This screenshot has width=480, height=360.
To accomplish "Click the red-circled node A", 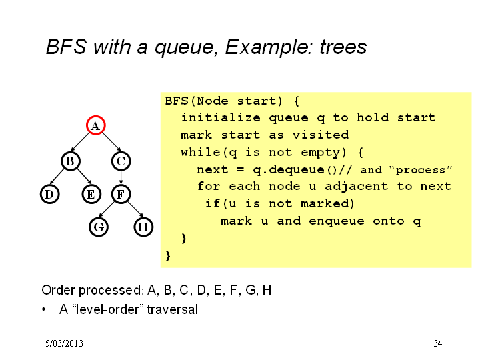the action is click(x=96, y=125).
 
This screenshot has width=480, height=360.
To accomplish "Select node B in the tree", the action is click(x=71, y=161).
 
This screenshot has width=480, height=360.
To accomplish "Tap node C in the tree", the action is click(x=121, y=161).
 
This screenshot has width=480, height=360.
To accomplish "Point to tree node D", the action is click(x=49, y=194).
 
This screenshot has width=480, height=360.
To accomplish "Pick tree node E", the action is click(x=91, y=194).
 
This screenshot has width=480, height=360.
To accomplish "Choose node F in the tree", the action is click(x=121, y=194).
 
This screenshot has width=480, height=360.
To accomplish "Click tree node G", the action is click(x=99, y=227).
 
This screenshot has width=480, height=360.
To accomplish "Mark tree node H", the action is click(x=143, y=227).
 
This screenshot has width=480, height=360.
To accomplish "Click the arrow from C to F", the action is click(x=121, y=177).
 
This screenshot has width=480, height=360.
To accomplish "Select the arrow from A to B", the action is click(x=81, y=142).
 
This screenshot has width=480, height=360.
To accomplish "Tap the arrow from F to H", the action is click(x=135, y=209).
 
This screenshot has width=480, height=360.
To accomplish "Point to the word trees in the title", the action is click(x=343, y=47).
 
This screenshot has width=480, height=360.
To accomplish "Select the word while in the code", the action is click(x=201, y=152).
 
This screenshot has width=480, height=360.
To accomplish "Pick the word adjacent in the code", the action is click(x=356, y=187).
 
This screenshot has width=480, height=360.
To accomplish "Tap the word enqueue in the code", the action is click(x=337, y=221).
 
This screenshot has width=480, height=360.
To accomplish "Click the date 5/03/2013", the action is click(x=64, y=343).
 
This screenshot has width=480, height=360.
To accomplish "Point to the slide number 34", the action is click(x=438, y=343).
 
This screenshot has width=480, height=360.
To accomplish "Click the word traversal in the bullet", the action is click(x=173, y=309).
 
